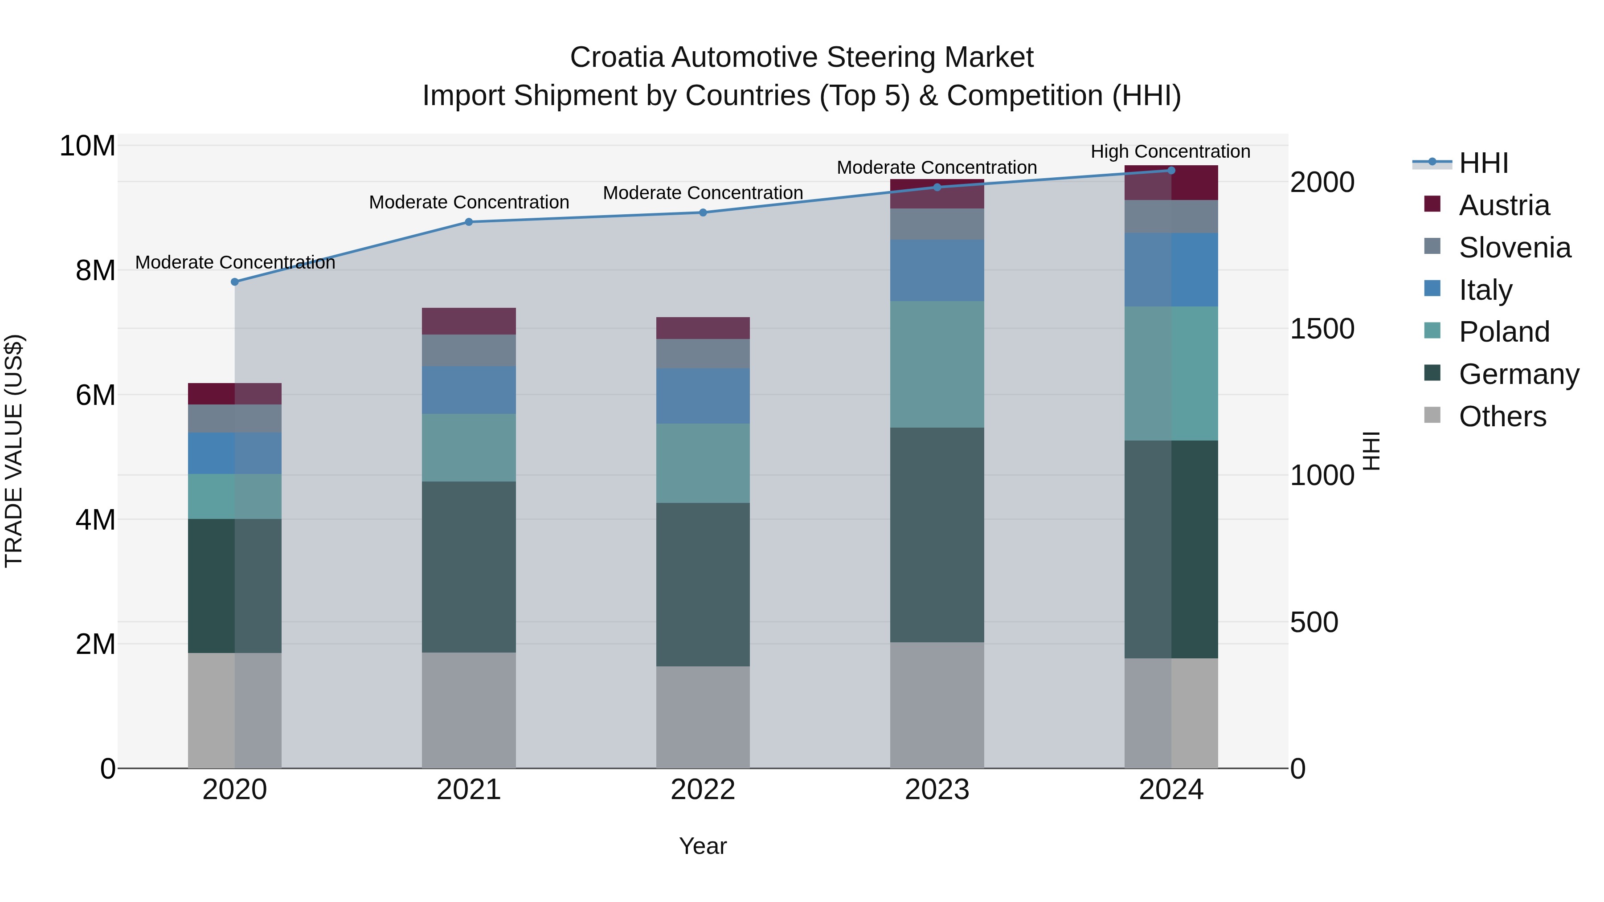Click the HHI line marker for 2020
(235, 282)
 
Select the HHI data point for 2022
(703, 212)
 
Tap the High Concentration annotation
(1170, 151)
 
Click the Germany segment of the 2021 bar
(469, 567)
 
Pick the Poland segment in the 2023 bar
(937, 364)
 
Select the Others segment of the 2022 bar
(703, 717)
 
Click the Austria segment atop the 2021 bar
(469, 321)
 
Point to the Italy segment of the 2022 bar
(703, 396)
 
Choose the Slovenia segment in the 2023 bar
(937, 224)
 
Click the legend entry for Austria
(1504, 205)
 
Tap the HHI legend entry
(1483, 163)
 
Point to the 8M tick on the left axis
(95, 271)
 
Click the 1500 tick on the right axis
(1322, 329)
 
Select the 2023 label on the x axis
(937, 790)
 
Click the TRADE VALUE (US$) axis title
(14, 451)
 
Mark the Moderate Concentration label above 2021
(469, 202)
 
